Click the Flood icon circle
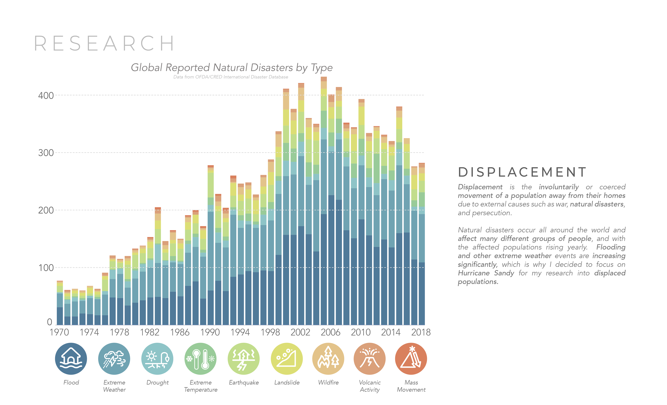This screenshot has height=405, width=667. pos(71,359)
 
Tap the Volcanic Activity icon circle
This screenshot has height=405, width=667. pos(369,359)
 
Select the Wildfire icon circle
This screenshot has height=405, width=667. pos(328,359)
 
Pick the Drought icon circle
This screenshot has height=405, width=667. pos(157,359)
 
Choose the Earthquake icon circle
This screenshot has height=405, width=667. pos(244,359)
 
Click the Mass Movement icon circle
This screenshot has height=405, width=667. pos(411,359)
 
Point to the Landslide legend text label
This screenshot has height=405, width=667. pos(287,383)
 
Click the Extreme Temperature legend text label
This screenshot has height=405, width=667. pos(201,386)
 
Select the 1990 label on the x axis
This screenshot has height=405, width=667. pos(210,332)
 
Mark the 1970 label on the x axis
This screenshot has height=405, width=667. pos(59,332)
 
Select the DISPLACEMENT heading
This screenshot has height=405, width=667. pos(522,172)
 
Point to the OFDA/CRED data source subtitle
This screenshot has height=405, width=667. pos(231,77)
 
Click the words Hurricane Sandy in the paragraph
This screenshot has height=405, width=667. pos(486,273)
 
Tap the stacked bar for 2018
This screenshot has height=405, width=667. pos(421,244)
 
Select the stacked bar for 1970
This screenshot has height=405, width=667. pos(60,303)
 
